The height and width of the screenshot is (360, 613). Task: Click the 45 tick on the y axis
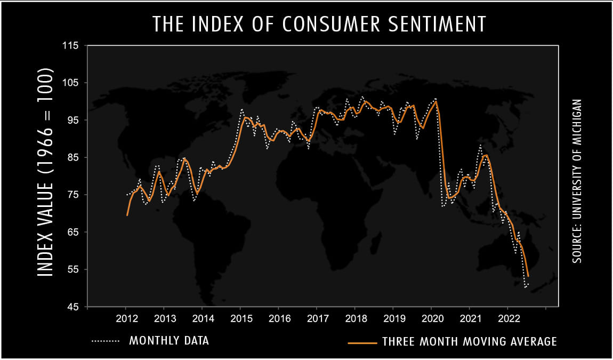[x=73, y=307]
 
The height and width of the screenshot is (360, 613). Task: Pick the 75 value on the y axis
[x=73, y=195]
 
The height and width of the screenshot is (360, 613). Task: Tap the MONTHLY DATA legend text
[x=169, y=341]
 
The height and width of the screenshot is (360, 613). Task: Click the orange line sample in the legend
[x=361, y=342]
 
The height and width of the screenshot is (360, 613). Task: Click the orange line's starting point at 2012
[x=127, y=215]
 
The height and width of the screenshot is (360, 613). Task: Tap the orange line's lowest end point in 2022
[x=528, y=276]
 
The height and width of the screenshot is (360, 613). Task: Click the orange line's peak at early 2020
[x=437, y=102]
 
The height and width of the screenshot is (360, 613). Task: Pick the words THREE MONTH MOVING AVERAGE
[x=469, y=341]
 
